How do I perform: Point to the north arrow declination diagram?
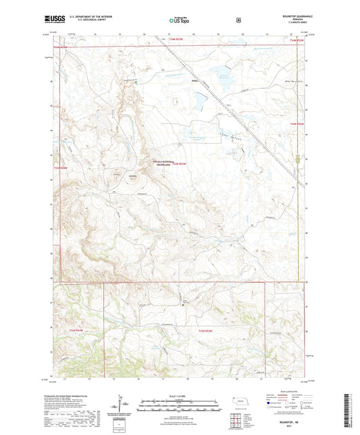(x=122, y=404)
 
